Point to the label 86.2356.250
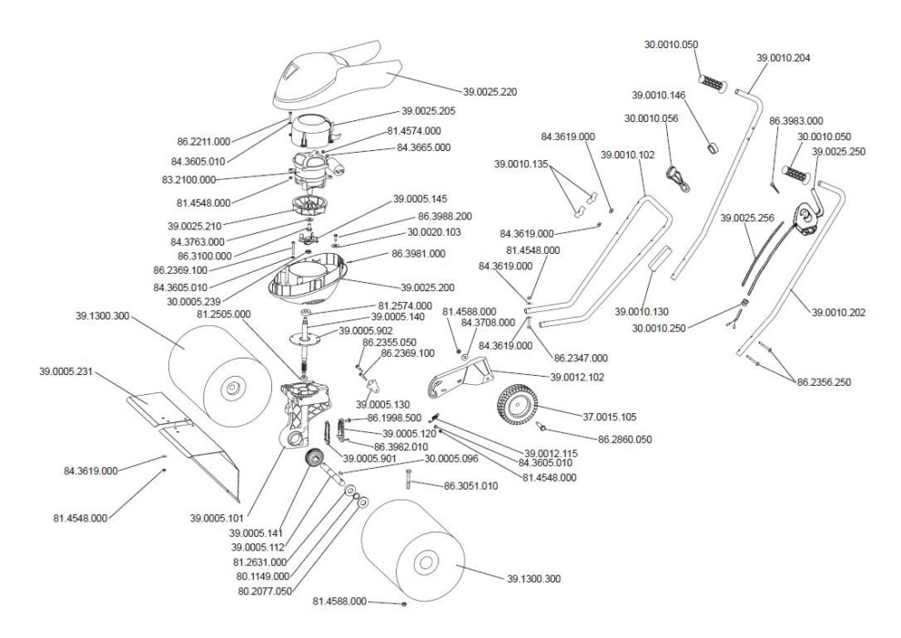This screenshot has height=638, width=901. pos(825,381)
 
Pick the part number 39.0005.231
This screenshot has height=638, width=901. pos(67,372)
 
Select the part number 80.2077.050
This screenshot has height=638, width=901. pos(264,589)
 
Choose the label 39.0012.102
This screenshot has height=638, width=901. pos(579,375)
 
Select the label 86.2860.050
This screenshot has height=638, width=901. pos(625,439)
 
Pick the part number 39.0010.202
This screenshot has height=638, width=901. pos(838,312)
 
